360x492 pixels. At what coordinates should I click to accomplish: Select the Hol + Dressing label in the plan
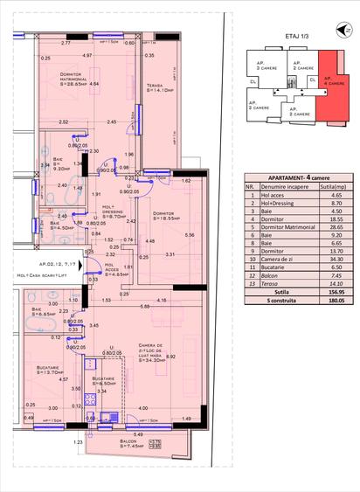(x=114, y=213)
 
